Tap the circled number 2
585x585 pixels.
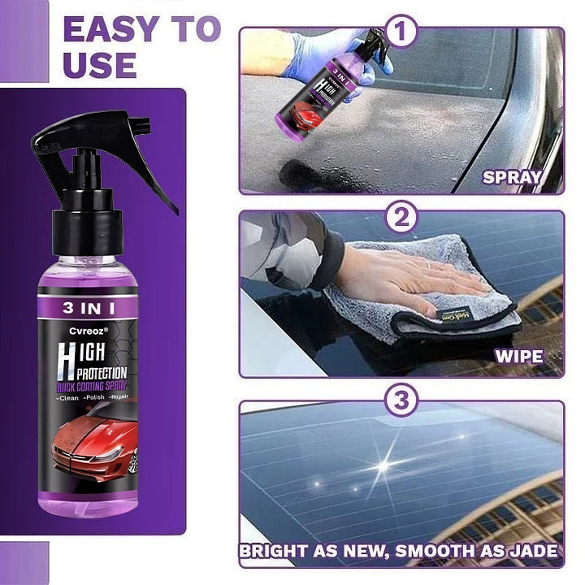pos(400,219)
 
